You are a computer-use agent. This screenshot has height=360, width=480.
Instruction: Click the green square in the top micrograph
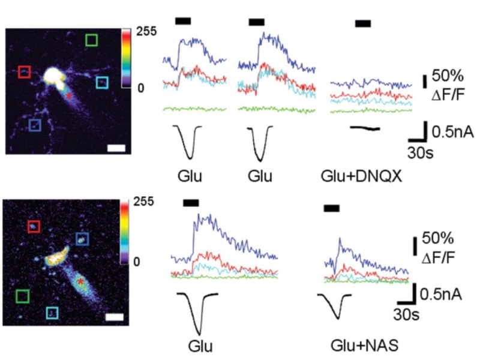click(92, 40)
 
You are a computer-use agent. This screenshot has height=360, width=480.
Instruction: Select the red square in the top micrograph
click(24, 72)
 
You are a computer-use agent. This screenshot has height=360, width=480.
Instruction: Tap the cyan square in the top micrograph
click(103, 82)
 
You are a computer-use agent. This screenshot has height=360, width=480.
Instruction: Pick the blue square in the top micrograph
click(35, 125)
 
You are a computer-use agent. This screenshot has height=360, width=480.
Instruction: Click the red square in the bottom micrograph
click(34, 226)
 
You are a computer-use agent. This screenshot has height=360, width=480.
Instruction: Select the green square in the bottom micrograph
click(22, 296)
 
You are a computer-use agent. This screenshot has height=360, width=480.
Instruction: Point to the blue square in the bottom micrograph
click(82, 239)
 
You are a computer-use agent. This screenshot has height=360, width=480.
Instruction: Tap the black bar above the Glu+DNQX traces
click(363, 23)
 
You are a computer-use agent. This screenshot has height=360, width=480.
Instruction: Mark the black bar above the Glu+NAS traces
click(331, 208)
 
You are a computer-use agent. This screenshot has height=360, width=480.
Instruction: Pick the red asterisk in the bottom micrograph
click(79, 281)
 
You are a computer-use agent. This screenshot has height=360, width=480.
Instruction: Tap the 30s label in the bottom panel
click(406, 314)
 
